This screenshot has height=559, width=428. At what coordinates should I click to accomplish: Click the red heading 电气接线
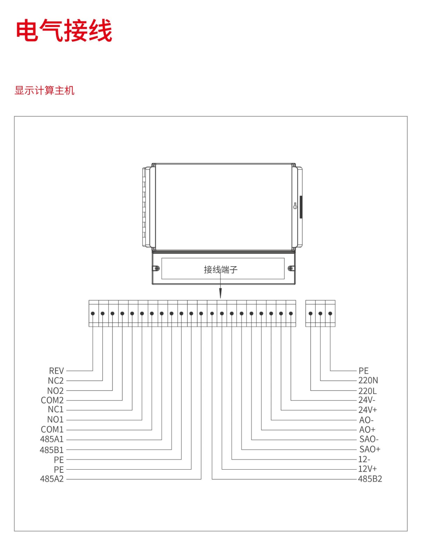tap(64, 31)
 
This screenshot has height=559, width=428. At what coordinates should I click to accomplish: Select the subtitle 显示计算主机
tap(44, 90)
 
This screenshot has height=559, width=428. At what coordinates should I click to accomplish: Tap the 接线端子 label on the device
tap(220, 269)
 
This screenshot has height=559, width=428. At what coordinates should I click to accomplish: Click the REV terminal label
tap(56, 371)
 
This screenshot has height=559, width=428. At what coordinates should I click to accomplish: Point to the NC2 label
tap(56, 380)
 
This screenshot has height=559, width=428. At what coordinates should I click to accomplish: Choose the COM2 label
tap(52, 400)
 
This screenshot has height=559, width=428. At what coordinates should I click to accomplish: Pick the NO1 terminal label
tap(55, 420)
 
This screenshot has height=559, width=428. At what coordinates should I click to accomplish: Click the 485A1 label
tap(52, 439)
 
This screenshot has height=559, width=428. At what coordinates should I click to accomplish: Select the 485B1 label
tap(52, 450)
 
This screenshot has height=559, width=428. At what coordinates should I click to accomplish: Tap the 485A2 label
tap(52, 479)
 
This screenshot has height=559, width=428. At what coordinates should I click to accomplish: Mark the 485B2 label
tap(370, 479)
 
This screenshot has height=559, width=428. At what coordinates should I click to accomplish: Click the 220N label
tap(368, 380)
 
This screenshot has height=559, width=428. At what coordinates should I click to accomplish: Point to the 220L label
tap(367, 391)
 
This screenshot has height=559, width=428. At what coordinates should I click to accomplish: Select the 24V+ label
tap(368, 410)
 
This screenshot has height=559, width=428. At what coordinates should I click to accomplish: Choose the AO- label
tap(366, 420)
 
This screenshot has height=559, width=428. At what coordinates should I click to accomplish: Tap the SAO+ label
tap(370, 449)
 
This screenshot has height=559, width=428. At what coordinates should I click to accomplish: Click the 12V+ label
tap(367, 469)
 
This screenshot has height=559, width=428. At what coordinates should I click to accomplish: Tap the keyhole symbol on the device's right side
tap(295, 206)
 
